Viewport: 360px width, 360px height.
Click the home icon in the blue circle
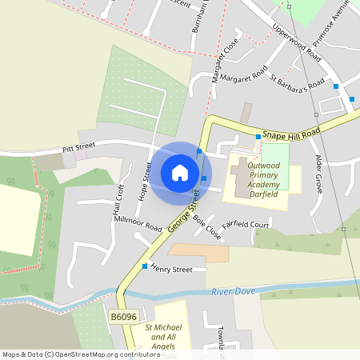[180, 173]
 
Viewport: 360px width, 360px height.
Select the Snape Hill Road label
[292, 132]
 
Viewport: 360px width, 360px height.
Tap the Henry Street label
[171, 270]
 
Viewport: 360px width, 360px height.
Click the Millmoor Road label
[138, 222]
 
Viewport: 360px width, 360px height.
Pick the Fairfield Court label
[246, 225]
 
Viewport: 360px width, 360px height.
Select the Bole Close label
[206, 227]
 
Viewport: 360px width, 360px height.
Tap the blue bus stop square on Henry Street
[145, 266]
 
